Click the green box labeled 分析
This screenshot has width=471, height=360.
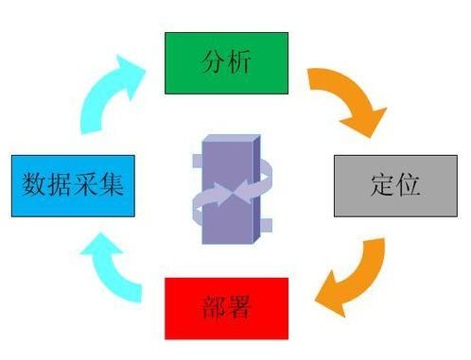(x=226, y=62)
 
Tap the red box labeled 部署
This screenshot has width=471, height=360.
(x=226, y=308)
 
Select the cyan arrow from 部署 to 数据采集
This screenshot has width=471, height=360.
(x=110, y=269)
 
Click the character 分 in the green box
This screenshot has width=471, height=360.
(x=214, y=62)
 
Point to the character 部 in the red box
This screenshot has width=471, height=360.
(x=213, y=308)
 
